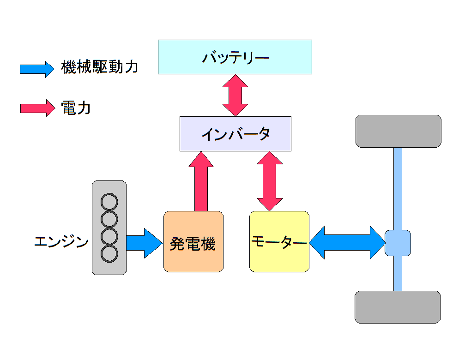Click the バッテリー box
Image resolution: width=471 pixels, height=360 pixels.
235,57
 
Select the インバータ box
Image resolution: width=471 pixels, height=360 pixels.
235,133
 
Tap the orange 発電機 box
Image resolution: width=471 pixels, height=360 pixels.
193,241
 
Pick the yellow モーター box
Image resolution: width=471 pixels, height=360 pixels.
279,241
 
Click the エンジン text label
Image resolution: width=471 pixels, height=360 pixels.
61,242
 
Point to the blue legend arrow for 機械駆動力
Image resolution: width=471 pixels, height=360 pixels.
37,69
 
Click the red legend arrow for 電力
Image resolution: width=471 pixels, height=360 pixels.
37,108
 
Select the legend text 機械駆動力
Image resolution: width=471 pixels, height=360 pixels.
99,67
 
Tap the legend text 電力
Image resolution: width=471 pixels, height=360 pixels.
76,108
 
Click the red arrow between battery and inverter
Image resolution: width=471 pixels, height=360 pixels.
235,95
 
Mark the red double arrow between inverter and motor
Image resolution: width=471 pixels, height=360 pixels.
270,181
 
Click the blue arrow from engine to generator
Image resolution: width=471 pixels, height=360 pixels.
144,243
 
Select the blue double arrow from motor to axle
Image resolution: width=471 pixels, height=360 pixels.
347,242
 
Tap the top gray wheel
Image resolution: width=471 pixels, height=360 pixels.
398,131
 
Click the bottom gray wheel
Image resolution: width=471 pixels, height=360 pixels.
397,307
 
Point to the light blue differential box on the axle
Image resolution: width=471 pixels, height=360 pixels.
398,243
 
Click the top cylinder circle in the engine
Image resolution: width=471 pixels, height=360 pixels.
109,202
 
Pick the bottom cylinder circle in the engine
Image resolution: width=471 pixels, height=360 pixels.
109,253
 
